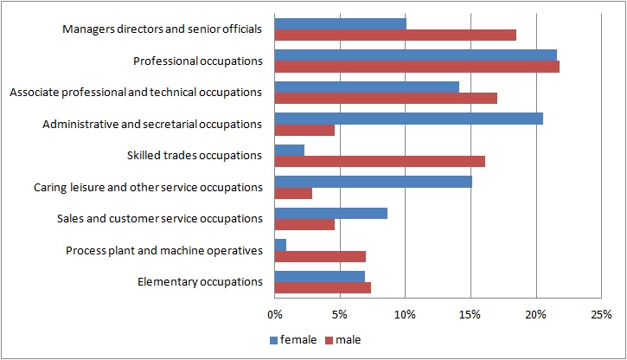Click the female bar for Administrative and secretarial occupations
[x=409, y=119]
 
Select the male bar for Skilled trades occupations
[x=380, y=161]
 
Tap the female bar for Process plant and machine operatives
[x=280, y=245]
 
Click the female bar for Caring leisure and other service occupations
[x=373, y=182]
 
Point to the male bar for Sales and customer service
[x=304, y=224]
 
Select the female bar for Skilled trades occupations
[x=290, y=151]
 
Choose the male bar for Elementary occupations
[x=323, y=287]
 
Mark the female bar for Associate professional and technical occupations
[x=367, y=87]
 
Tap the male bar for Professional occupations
[x=417, y=67]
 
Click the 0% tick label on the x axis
[x=275, y=315]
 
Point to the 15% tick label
[x=470, y=315]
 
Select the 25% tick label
[x=601, y=315]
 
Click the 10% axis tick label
[x=405, y=315]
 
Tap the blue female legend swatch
[x=273, y=340]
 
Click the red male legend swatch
[x=329, y=340]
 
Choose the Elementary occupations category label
[x=200, y=282]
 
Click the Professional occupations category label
[x=198, y=61]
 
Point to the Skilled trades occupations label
[x=195, y=156]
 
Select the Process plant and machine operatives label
[x=164, y=251]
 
